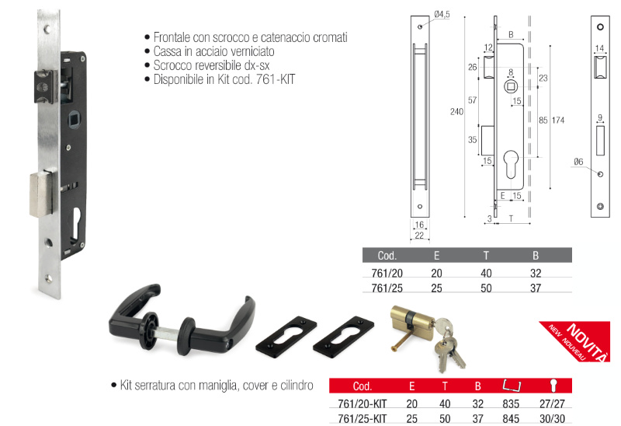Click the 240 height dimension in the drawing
456,112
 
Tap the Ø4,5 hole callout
442,15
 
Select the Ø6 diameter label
578,162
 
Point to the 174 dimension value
558,120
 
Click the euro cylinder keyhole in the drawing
511,165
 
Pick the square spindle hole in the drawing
511,87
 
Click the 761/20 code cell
387,274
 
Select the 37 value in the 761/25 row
536,288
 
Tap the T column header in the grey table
486,256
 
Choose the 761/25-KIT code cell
362,418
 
